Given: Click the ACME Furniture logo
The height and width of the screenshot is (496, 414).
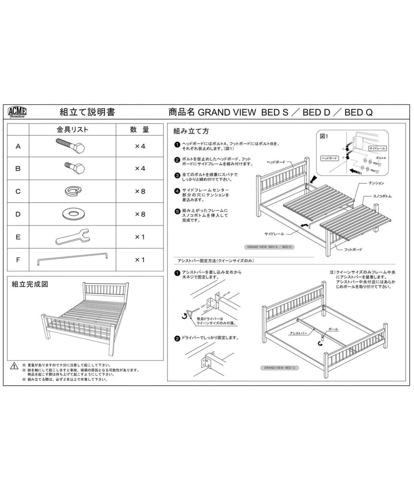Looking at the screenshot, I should pyautogui.click(x=17, y=112).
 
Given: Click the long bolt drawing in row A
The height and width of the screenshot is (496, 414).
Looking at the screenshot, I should pyautogui.click(x=71, y=146).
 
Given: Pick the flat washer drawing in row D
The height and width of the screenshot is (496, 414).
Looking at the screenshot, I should pyautogui.click(x=74, y=214).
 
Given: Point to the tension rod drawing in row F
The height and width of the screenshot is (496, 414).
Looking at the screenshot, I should pyautogui.click(x=72, y=259).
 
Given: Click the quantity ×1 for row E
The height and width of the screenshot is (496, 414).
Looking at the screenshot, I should pyautogui.click(x=140, y=237).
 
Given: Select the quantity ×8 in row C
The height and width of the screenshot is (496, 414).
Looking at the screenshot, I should pyautogui.click(x=140, y=191).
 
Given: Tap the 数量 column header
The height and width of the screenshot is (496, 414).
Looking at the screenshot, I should pyautogui.click(x=139, y=130).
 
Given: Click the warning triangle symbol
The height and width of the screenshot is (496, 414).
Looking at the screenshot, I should pyautogui.click(x=14, y=366).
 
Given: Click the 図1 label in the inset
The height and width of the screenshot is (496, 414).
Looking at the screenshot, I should pyautogui.click(x=324, y=136).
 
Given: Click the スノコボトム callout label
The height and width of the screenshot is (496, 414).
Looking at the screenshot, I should pyautogui.click(x=382, y=196).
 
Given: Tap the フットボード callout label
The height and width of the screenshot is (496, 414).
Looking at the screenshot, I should pyautogui.click(x=353, y=250).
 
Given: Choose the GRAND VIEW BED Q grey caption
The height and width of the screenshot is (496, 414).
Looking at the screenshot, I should pyautogui.click(x=279, y=368).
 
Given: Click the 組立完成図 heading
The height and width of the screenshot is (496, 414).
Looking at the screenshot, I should pyautogui.click(x=30, y=284).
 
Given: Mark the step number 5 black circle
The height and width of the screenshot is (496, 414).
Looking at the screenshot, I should pyautogui.click(x=177, y=212).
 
